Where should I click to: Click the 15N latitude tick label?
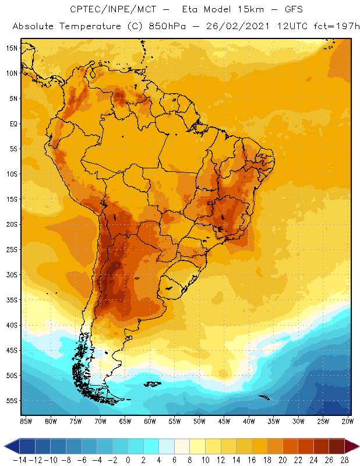click(12, 48)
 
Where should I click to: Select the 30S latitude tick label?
click(12, 274)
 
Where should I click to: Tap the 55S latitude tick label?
click(12, 401)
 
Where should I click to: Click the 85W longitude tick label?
click(26, 421)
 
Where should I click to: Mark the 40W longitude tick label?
click(249, 421)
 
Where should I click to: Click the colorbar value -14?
click(20, 460)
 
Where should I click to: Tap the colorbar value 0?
click(128, 460)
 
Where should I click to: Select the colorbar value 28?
click(344, 460)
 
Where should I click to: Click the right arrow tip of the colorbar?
click(357, 446)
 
